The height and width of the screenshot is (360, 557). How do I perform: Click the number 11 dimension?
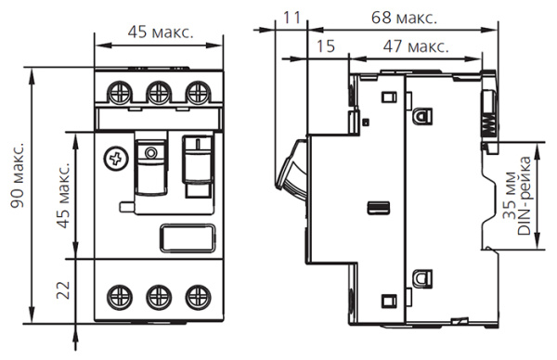(292, 16)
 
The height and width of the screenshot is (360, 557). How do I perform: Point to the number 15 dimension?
(324, 45)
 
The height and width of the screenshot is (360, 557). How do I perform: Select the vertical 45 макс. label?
(64, 196)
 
